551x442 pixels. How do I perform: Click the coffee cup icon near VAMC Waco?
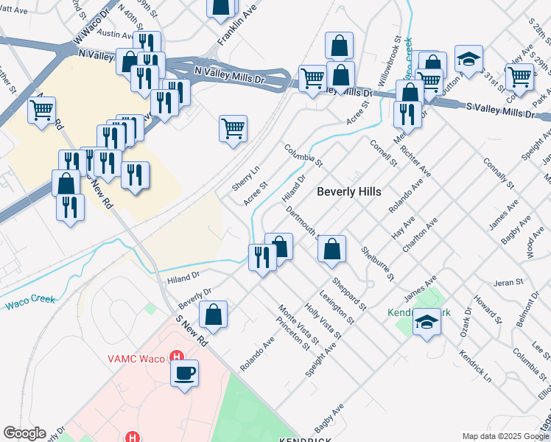[184, 371]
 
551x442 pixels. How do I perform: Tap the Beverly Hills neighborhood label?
[349, 192]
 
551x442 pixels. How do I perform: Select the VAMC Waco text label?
[137, 359]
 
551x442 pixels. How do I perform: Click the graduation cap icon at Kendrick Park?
[426, 323]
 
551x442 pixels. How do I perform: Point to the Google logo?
[25, 433]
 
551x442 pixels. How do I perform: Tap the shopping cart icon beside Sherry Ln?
[234, 129]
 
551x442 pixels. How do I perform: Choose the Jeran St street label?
[508, 281]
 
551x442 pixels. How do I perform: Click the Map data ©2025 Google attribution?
[505, 435]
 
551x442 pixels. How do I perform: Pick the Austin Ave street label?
[115, 34]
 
